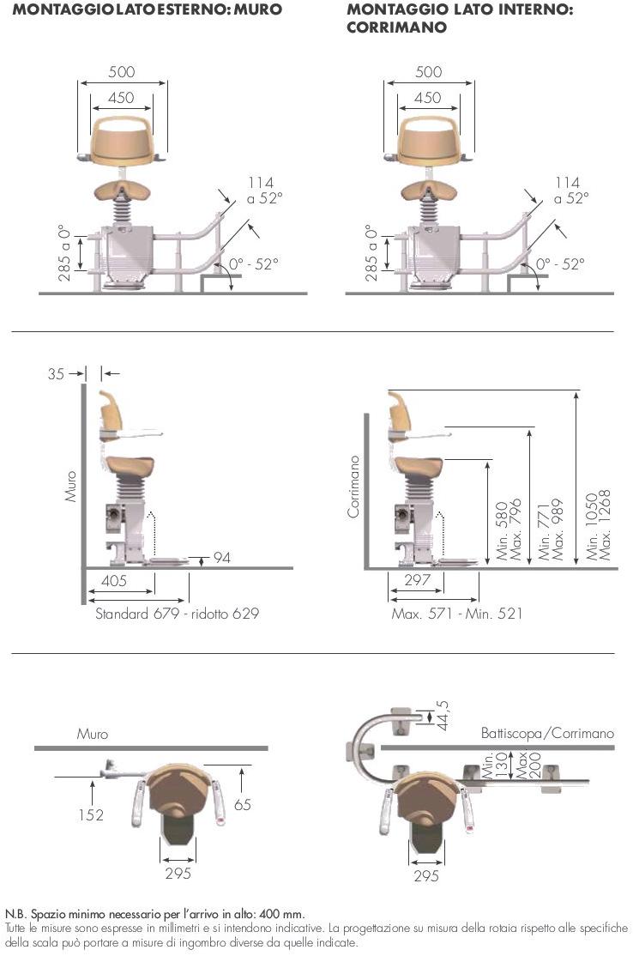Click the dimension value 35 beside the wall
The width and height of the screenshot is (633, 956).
tap(56, 373)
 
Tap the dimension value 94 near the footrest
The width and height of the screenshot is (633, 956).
tap(222, 557)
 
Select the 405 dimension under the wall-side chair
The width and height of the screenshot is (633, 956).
tap(114, 580)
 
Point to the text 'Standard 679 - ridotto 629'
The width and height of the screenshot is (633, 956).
tap(177, 614)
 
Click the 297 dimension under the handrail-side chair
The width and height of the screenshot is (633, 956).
tap(418, 580)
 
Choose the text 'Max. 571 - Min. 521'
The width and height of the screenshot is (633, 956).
tap(457, 614)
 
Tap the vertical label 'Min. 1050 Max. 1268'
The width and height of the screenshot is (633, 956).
tap(598, 525)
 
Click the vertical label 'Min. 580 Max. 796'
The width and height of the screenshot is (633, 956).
tap(509, 529)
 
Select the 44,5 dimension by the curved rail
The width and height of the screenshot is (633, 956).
tap(443, 715)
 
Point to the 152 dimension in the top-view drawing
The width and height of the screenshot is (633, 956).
tap(91, 814)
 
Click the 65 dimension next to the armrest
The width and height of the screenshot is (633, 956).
tap(243, 805)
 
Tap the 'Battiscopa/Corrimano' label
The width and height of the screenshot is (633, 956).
tap(547, 733)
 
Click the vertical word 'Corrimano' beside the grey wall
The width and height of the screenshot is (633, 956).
tap(353, 487)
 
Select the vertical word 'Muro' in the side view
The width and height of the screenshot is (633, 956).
tap(71, 486)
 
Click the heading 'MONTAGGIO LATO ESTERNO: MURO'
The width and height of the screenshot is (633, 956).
tap(148, 9)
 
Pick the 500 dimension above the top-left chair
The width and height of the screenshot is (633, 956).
tap(121, 71)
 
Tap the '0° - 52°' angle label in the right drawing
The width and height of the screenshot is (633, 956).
tap(560, 264)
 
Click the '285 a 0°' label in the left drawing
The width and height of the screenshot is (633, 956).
tap(64, 253)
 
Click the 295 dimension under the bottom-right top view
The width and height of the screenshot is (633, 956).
tap(425, 875)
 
